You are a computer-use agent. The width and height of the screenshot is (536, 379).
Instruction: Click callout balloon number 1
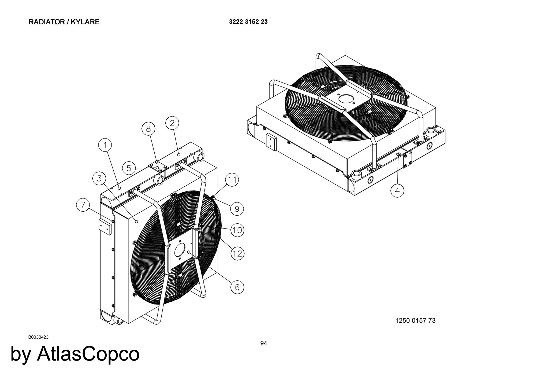(105, 145)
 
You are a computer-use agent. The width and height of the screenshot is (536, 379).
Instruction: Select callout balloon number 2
(172, 123)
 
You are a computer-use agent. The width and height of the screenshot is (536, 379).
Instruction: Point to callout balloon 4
(397, 191)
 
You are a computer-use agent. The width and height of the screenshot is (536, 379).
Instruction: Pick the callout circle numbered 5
(129, 168)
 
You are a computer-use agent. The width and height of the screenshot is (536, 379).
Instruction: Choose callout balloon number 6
(237, 287)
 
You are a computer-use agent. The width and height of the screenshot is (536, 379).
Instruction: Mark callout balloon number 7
(83, 205)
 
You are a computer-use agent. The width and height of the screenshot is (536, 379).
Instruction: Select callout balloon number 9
(237, 209)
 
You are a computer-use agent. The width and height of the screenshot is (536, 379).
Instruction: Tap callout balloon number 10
(237, 230)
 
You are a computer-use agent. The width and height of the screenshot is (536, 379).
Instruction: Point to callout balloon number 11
(232, 180)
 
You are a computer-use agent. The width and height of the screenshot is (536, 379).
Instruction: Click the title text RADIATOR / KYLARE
(64, 22)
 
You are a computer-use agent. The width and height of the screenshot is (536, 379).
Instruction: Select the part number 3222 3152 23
(248, 22)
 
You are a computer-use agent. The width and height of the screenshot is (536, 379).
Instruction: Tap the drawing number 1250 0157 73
(415, 320)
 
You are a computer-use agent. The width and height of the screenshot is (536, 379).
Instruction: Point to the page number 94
(264, 343)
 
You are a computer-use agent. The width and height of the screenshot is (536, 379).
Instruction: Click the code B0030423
(38, 337)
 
